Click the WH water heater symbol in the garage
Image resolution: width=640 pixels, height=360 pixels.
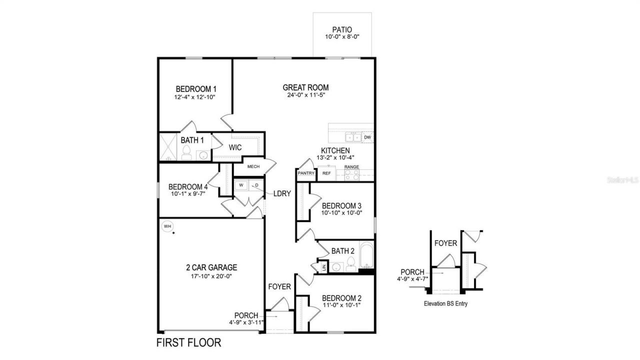[x=167, y=226]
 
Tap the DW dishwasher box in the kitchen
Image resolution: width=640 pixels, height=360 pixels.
[x=367, y=137]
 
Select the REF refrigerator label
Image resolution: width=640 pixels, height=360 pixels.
[x=326, y=173]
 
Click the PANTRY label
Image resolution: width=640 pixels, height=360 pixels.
[x=306, y=173]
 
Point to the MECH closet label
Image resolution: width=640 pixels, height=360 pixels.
[x=253, y=166]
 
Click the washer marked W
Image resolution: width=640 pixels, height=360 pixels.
[x=241, y=185]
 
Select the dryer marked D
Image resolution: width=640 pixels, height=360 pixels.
[x=256, y=185]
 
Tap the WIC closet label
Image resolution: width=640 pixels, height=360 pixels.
[x=235, y=147]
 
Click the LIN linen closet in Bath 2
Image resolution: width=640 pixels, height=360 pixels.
[x=324, y=267]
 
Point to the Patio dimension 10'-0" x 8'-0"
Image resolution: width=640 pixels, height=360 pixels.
[x=342, y=36]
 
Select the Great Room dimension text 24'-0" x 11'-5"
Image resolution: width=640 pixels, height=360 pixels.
[x=306, y=95]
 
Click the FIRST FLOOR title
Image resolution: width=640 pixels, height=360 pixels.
[x=188, y=343]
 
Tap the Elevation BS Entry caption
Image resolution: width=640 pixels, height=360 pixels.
[x=445, y=303]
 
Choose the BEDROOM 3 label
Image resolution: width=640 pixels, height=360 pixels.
[x=341, y=205]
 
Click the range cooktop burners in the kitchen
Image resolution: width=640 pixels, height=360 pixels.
[x=352, y=174]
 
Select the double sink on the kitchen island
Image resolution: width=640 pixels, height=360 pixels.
[x=353, y=137]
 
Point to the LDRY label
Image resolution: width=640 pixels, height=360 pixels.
[x=282, y=193]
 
